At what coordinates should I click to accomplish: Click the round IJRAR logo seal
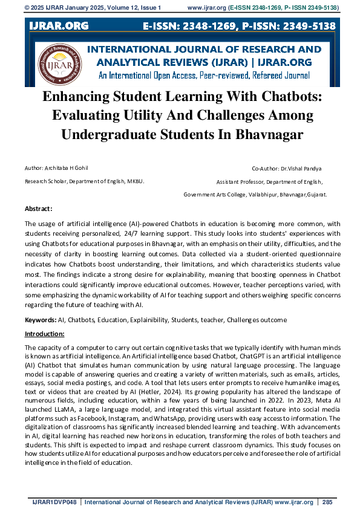[58, 65]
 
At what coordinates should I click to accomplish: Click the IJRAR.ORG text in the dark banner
[59, 25]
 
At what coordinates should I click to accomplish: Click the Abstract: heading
[39, 209]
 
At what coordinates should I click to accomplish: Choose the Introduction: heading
[44, 334]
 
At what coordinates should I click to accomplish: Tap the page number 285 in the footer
[327, 502]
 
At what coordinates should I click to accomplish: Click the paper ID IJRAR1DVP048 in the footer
[54, 502]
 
